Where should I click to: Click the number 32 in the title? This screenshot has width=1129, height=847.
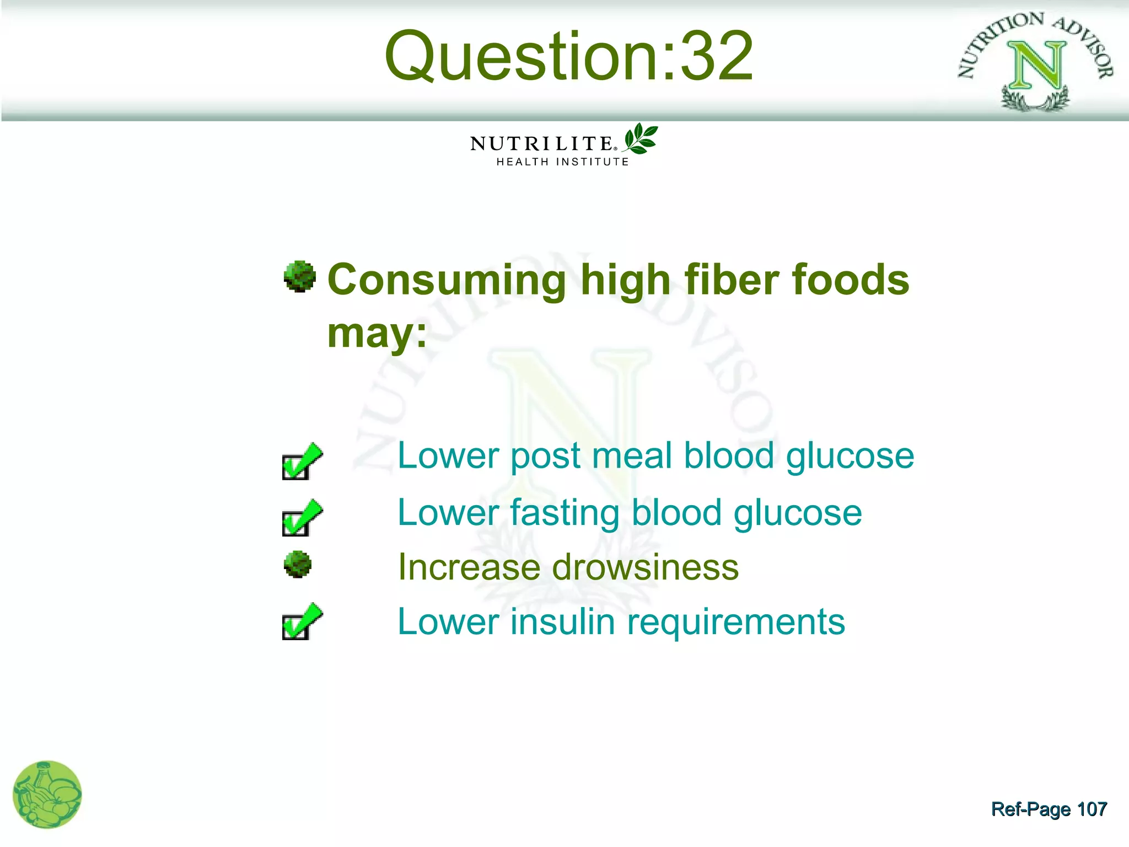pyautogui.click(x=717, y=56)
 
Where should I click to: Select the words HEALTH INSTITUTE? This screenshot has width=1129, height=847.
pyautogui.click(x=562, y=162)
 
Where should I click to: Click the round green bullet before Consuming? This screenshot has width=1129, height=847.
pyautogui.click(x=300, y=276)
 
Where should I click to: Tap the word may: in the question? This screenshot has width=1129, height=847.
pyautogui.click(x=377, y=333)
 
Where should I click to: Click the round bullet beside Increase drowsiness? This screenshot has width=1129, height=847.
pyautogui.click(x=298, y=565)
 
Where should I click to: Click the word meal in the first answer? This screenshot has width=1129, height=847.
pyautogui.click(x=632, y=456)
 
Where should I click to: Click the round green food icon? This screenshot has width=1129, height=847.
pyautogui.click(x=47, y=795)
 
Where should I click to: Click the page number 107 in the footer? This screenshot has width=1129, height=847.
pyautogui.click(x=1092, y=810)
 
